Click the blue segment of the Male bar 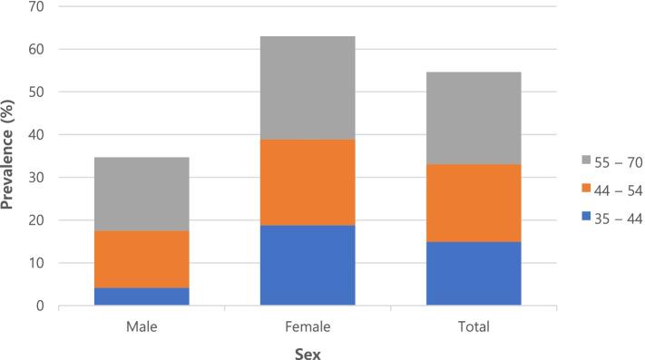coord(142,297)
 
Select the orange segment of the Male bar coord(142,259)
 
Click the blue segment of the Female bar coord(308,266)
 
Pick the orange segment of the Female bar coord(308,182)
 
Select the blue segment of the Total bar coord(474,274)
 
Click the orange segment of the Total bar coord(474,203)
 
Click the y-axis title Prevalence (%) coord(11,156)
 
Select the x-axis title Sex coord(308,352)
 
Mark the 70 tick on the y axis coord(40,7)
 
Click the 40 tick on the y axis coord(40,135)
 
